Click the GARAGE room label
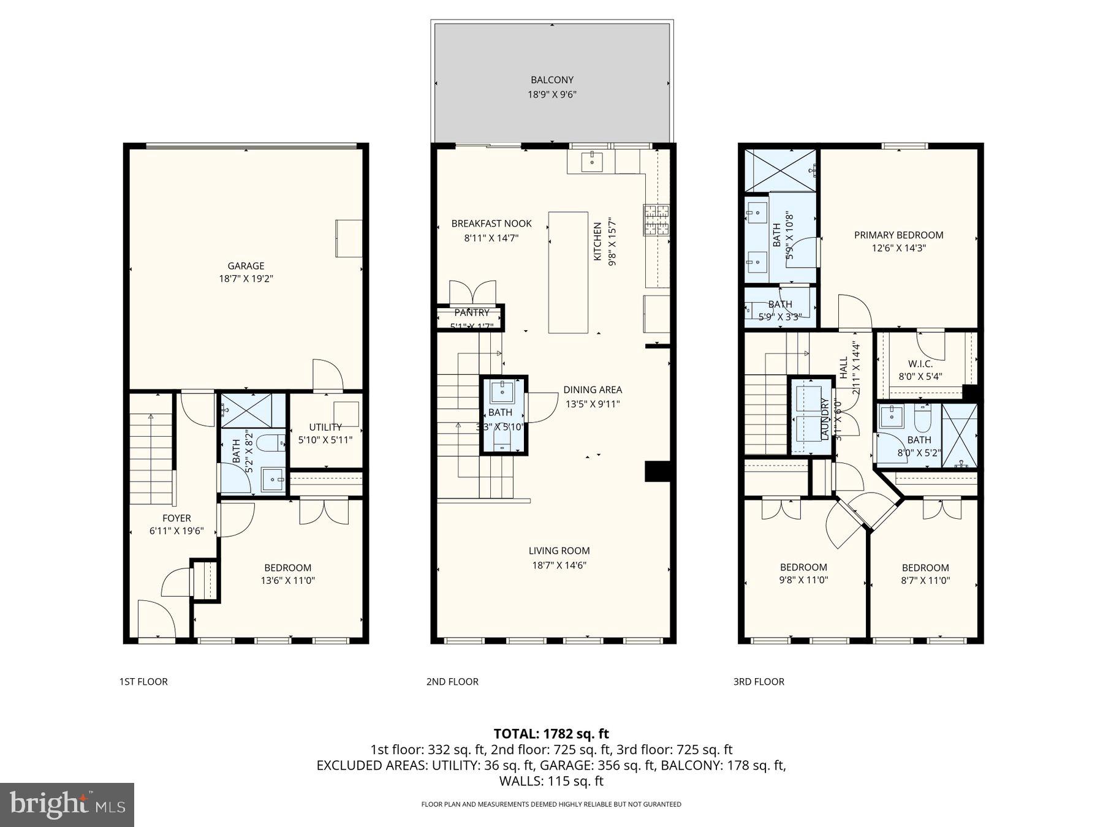pyautogui.click(x=246, y=265)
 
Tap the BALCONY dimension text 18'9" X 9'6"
pyautogui.click(x=552, y=94)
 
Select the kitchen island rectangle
pyautogui.click(x=568, y=273)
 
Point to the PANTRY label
pyautogui.click(x=471, y=312)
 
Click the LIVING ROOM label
pyautogui.click(x=559, y=551)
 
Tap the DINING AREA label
pyautogui.click(x=593, y=390)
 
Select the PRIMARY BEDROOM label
pyautogui.click(x=898, y=235)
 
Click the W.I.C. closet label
pyautogui.click(x=920, y=363)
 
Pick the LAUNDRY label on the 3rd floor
pyautogui.click(x=824, y=418)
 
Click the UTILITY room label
pyautogui.click(x=325, y=427)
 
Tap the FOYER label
pyautogui.click(x=176, y=518)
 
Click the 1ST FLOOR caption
pyautogui.click(x=143, y=681)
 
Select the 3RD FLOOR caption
pyautogui.click(x=759, y=681)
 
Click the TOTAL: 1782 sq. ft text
pyautogui.click(x=551, y=733)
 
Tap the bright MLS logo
pyautogui.click(x=67, y=804)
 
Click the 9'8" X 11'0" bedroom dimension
pyautogui.click(x=803, y=580)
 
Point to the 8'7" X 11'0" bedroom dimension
pyautogui.click(x=925, y=580)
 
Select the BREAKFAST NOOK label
pyautogui.click(x=491, y=224)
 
